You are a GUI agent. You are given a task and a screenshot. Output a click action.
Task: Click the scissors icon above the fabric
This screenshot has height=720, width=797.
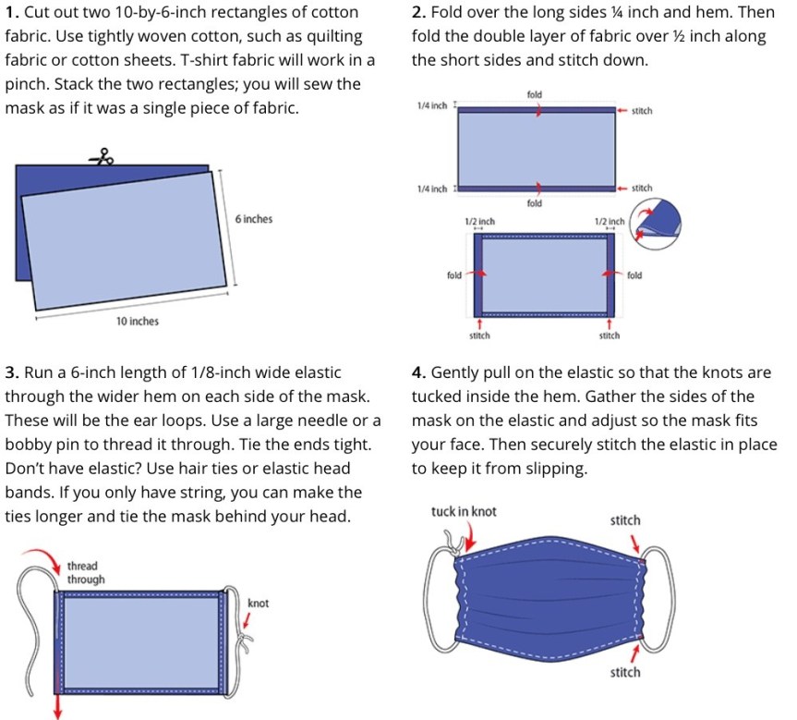click(102, 157)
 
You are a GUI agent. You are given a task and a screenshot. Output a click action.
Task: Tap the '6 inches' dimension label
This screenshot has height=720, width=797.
click(254, 219)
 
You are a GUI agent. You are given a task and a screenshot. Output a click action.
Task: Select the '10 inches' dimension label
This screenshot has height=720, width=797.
click(138, 322)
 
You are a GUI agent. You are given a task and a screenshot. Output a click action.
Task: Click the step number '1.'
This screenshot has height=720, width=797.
click(12, 12)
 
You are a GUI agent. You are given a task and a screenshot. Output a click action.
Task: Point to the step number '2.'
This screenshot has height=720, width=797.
click(419, 12)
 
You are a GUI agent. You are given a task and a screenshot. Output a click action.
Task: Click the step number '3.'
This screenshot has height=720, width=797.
click(12, 372)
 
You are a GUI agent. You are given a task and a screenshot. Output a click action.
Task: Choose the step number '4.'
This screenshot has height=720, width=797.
click(419, 372)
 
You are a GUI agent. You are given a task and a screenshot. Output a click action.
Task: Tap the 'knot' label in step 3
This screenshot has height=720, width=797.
click(258, 604)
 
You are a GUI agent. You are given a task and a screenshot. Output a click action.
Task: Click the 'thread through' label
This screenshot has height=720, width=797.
click(86, 573)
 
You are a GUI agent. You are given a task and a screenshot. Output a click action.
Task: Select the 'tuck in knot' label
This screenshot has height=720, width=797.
click(464, 511)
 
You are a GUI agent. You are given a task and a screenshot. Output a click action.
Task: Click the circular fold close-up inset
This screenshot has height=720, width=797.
click(656, 224)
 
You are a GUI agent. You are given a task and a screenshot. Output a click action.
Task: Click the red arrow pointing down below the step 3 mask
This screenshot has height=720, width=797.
click(58, 703)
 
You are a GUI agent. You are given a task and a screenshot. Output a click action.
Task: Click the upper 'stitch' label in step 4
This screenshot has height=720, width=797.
click(625, 520)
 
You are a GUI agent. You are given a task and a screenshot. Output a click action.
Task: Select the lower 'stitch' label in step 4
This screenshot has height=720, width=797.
click(625, 672)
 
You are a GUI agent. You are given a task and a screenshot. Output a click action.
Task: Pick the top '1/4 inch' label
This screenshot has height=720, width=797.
click(432, 106)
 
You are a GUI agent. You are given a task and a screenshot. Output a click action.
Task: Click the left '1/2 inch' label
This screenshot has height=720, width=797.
click(480, 221)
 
